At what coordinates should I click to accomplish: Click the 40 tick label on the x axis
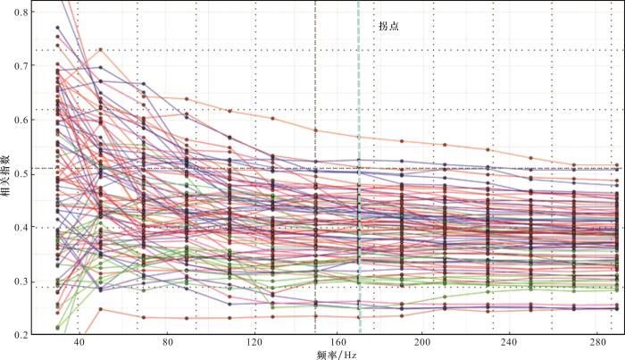[x=79, y=344]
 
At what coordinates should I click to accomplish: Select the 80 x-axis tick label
[x=165, y=344]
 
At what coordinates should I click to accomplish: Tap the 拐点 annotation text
[x=387, y=28]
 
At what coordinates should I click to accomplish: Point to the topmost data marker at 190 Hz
[x=402, y=141]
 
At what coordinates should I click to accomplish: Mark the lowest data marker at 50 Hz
[x=101, y=309]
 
